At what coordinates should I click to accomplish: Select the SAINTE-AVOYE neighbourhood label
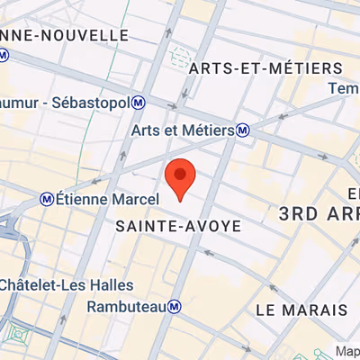click(179, 227)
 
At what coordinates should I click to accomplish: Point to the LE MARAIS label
click(301, 310)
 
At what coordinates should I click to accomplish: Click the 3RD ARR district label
click(319, 213)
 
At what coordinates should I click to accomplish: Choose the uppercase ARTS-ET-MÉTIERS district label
click(267, 68)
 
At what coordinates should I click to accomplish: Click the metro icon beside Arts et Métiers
click(244, 130)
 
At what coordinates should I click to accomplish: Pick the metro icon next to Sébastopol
click(139, 103)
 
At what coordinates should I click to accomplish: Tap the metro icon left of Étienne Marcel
click(46, 198)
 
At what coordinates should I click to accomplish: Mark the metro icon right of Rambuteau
click(175, 307)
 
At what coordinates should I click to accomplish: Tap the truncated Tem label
click(346, 89)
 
